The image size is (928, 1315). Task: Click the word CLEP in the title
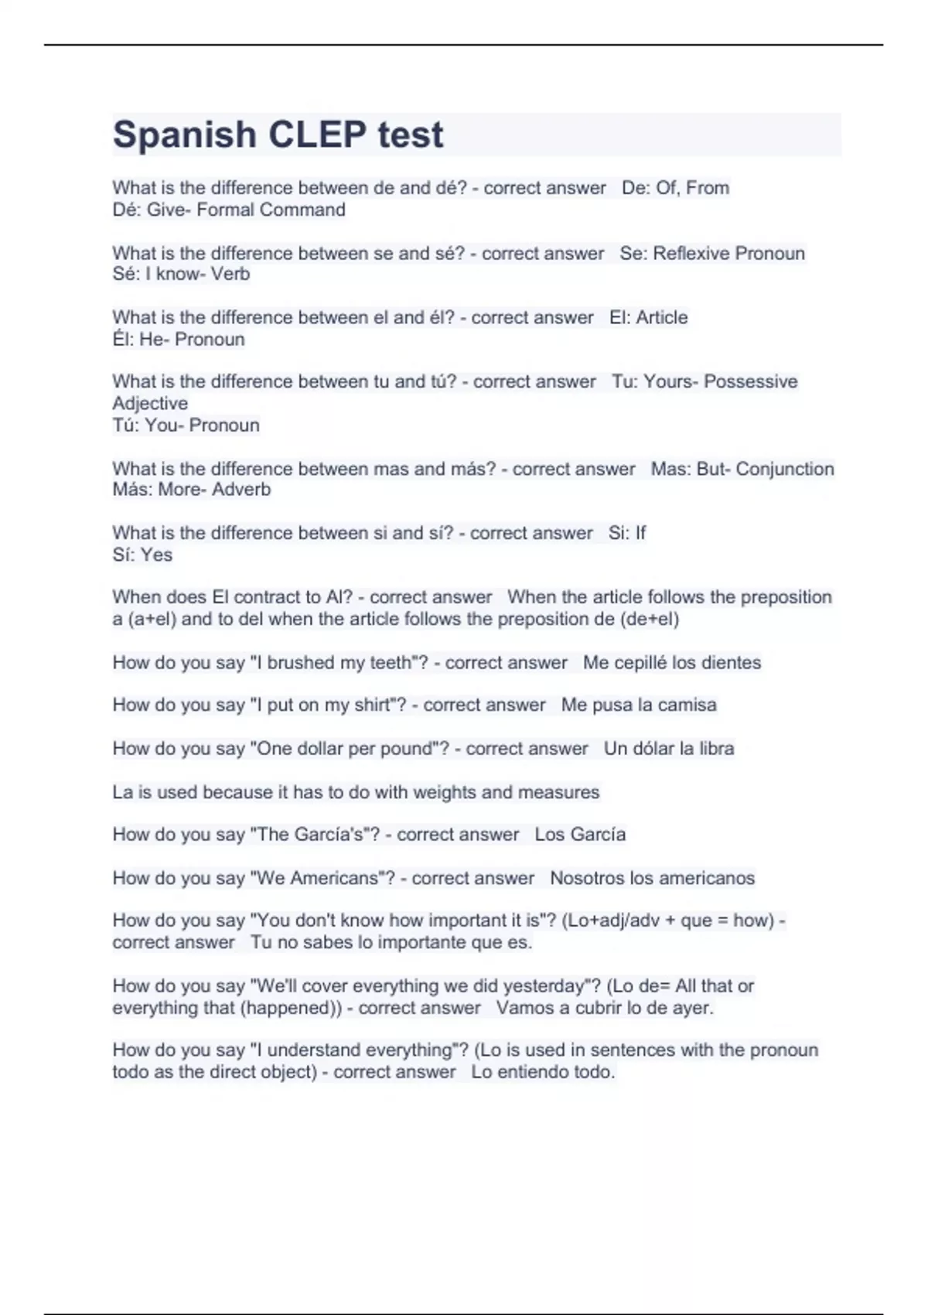click(317, 135)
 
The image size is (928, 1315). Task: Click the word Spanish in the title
click(185, 135)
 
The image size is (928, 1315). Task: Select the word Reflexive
click(691, 253)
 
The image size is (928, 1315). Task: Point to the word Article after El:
click(662, 317)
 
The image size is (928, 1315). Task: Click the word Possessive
click(750, 381)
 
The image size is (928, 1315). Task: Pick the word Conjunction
click(785, 469)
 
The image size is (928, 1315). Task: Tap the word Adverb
click(241, 490)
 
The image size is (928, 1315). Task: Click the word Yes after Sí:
click(157, 555)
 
